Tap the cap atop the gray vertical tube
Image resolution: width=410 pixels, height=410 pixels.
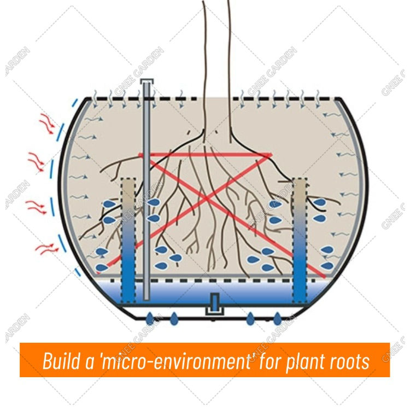pyautogui.click(x=146, y=83)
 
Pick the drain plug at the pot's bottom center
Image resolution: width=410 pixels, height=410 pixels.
pyautogui.click(x=214, y=304)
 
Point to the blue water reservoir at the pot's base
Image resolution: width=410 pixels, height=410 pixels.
pyautogui.click(x=180, y=292)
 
